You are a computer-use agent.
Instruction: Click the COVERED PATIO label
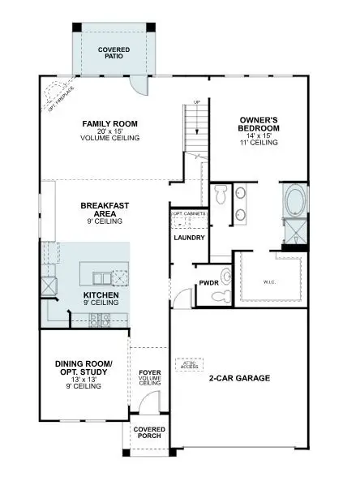[x=114, y=54]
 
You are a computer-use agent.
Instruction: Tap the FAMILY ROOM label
[x=110, y=124]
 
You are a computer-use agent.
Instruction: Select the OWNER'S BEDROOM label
[x=259, y=128]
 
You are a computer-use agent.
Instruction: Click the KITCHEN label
[x=101, y=295]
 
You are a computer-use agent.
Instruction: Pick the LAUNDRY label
[x=188, y=238]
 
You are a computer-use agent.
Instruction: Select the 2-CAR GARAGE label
[x=239, y=379]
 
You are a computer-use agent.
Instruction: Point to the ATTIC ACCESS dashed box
[x=191, y=365]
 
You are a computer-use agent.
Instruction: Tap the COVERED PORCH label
[x=149, y=432]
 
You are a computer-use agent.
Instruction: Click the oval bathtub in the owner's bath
[x=293, y=200]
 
